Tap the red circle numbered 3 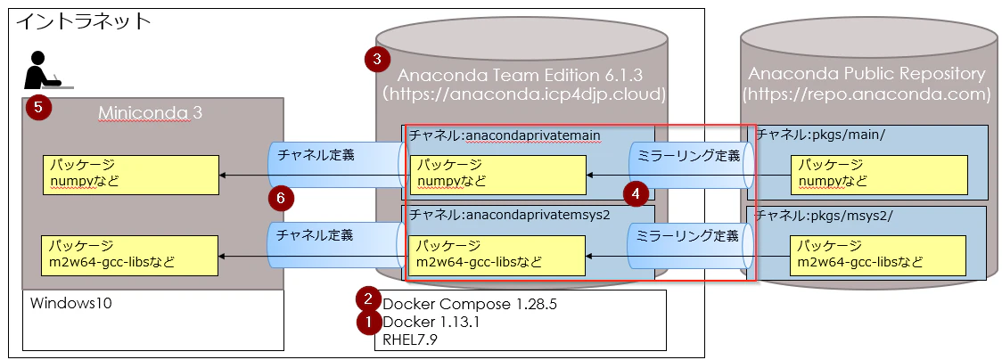[377, 60]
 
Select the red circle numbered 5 [38, 107]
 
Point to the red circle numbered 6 [281, 199]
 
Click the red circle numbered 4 [636, 194]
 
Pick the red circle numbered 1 [369, 322]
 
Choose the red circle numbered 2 [369, 299]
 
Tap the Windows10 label [71, 303]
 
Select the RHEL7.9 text [410, 339]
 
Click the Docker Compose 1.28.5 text [470, 304]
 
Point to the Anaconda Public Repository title [866, 74]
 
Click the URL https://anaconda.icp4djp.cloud [524, 94]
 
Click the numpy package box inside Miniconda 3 [131, 175]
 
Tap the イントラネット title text [83, 21]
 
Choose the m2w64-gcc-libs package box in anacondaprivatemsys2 [497, 256]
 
